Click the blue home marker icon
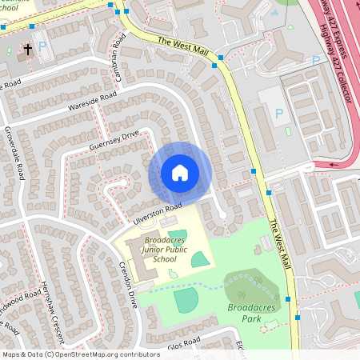coord(180,173)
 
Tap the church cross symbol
coord(28,50)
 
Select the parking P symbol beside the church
coord(43,47)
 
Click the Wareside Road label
coord(91,100)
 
